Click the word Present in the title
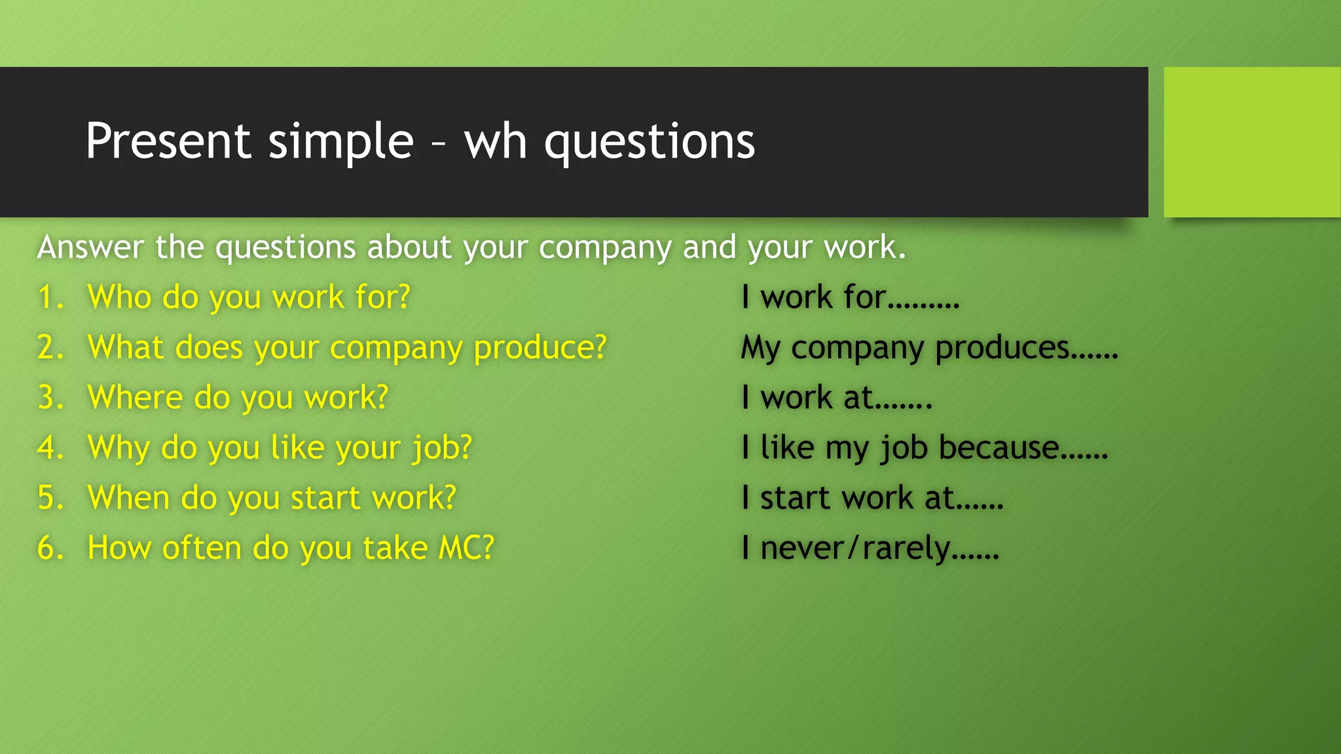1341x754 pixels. click(x=168, y=141)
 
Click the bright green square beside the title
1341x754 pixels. click(x=1251, y=141)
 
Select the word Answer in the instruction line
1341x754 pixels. click(x=90, y=247)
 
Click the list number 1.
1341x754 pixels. click(x=50, y=297)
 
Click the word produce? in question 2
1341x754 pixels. click(x=540, y=348)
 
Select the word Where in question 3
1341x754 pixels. click(x=135, y=397)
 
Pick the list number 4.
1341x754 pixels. click(x=50, y=448)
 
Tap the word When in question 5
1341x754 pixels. click(x=128, y=497)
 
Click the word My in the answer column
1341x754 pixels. click(x=760, y=348)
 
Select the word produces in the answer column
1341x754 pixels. click(x=1002, y=348)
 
